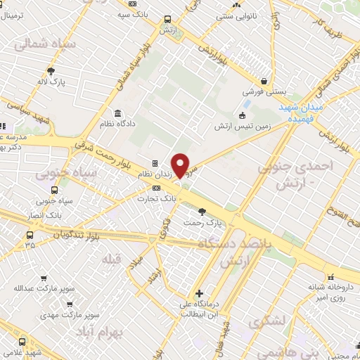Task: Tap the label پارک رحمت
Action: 201,222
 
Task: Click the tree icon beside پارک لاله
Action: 51,70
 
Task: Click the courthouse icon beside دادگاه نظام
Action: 117,113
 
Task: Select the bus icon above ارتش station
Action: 167,20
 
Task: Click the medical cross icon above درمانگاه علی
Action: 199,293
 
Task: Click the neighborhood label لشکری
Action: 267,321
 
